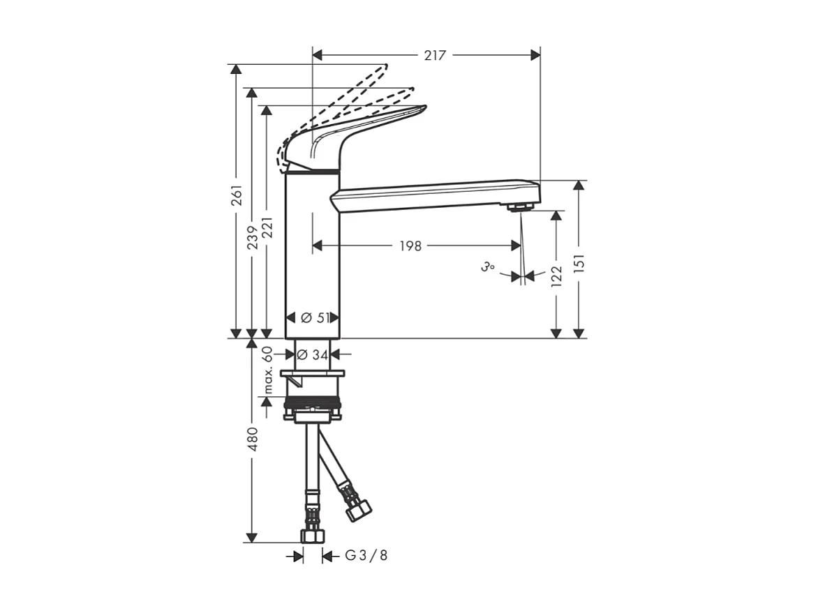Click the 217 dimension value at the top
[435, 55]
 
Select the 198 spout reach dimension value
[410, 246]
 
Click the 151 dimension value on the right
[579, 263]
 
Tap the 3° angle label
[488, 267]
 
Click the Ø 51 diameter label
[315, 318]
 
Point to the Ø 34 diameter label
[312, 354]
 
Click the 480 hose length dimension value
[253, 439]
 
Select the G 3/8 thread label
[366, 556]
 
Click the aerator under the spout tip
[519, 207]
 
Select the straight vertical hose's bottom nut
[312, 535]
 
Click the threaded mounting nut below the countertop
[312, 405]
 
